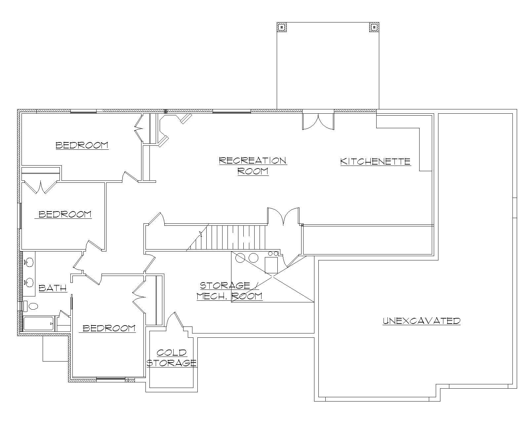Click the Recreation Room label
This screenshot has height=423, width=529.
pos(253,166)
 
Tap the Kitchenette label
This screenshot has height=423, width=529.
pos(375,161)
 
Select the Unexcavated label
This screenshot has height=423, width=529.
pos(422,321)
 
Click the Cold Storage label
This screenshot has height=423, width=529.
pos(172,358)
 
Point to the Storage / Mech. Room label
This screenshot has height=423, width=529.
pos(229,290)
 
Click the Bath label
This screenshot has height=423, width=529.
pos(53,288)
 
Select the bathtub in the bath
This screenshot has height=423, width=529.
pos(38,324)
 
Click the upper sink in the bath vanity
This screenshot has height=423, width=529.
pos(29,262)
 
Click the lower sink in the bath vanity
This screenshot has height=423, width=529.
pos(29,282)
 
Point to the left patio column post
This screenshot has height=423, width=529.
pos(281,27)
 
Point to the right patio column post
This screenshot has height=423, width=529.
pos(374,27)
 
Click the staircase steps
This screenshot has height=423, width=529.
pos(231,237)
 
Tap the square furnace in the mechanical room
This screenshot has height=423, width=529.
pos(271,265)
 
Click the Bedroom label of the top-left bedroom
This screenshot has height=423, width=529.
pos(82,145)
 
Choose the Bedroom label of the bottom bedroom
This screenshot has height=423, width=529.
pos(109,328)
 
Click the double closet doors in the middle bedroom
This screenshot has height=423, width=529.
pos(40,187)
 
